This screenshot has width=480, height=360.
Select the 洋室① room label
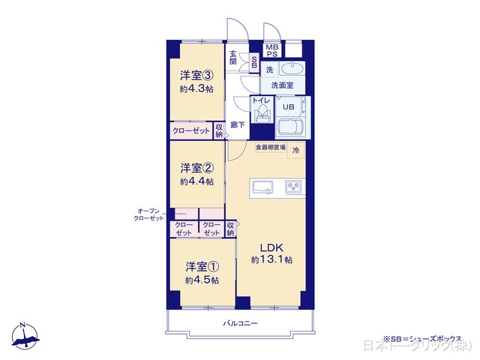coord(202,266)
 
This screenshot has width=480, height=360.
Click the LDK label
coord(271,248)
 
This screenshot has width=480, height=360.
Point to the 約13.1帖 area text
coord(271,260)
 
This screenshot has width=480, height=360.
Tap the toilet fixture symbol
coord(261,114)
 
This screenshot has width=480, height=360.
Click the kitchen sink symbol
coord(264,186)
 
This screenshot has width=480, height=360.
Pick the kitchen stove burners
coord(291,186)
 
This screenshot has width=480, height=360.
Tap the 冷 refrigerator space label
coord(295,150)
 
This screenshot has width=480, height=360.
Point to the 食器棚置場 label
coord(270,148)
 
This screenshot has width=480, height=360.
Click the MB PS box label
coord(271,51)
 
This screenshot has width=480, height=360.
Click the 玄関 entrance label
coord(233,58)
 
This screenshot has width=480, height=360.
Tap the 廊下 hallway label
coord(237,125)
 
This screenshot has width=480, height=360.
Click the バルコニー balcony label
coord(240,323)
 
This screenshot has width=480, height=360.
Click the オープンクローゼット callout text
coord(149,214)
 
